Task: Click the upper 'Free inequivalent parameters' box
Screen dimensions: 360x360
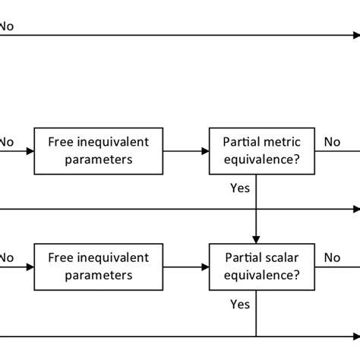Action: pos(98,150)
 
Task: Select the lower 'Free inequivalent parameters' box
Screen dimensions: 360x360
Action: pos(98,267)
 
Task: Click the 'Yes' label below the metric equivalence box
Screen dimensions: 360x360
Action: pos(240,188)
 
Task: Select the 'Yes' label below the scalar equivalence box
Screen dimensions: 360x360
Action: pos(240,304)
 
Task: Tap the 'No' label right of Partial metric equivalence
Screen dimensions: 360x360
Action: pos(332,141)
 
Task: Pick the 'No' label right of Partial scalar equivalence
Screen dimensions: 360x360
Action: pos(332,257)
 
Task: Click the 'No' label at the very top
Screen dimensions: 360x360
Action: pos(7,26)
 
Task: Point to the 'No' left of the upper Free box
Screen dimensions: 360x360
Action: pos(7,141)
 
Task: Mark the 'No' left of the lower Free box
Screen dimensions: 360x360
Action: pos(7,257)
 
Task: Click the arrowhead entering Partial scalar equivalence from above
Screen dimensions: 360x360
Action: pos(257,238)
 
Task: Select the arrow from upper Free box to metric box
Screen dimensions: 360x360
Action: pos(185,151)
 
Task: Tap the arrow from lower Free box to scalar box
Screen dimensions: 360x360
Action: pos(185,267)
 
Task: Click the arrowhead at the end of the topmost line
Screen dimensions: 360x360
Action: pos(355,35)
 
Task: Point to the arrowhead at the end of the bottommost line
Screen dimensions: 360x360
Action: pos(355,336)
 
